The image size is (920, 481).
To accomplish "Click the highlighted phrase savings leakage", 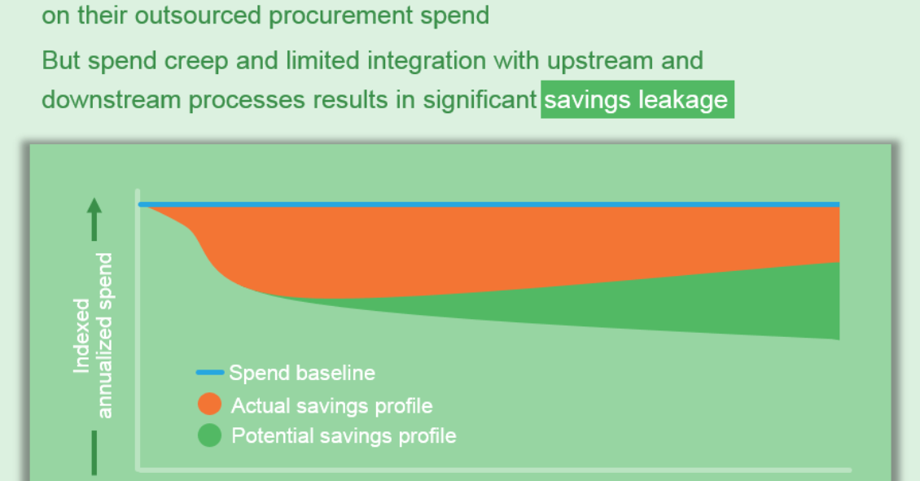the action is pos(637,100).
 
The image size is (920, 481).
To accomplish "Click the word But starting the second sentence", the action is pos(61,60).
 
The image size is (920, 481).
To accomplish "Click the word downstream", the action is pos(111,100).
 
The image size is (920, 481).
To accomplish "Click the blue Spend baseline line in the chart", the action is pos(489,205).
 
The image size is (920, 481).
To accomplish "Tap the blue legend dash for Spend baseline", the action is pos(209,372).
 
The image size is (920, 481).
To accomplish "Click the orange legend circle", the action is pos(209,404).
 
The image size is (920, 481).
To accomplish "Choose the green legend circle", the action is pos(209,435).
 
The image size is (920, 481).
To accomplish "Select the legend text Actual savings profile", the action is pos(331,405).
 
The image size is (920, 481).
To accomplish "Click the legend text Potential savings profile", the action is pos(344,436).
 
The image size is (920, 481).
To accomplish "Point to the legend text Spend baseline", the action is pos(301,373).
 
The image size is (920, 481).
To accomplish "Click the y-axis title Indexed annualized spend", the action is pos(93,335).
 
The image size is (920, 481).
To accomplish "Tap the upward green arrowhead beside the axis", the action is pos(94,206).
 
